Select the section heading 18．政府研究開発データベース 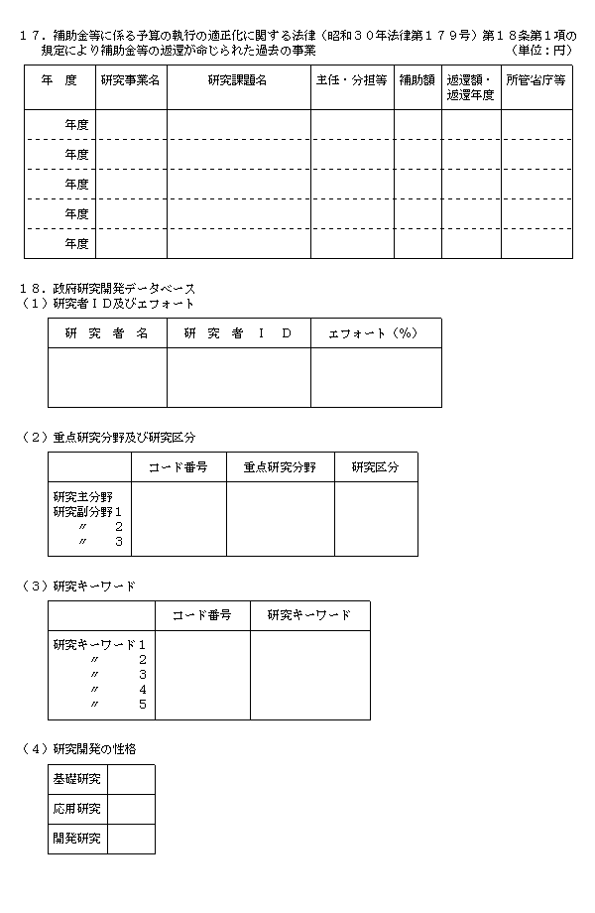point(108,288)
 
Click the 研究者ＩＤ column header point(238,333)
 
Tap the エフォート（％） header point(376,333)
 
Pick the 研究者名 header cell point(107,333)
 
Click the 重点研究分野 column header point(280,467)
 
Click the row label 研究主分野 point(83,495)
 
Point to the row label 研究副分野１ point(87,511)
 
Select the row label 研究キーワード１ point(99,645)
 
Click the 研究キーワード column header point(309,615)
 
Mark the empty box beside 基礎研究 point(131,779)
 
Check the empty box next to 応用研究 point(131,809)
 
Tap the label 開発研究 point(77,839)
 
